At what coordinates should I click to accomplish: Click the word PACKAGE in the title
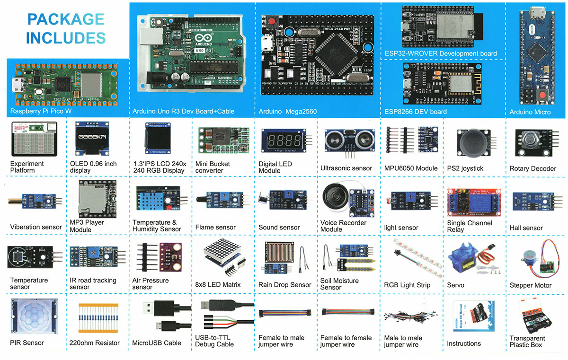pos(65,19)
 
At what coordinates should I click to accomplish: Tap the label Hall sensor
pos(526,228)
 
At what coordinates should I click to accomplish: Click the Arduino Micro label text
pos(530,112)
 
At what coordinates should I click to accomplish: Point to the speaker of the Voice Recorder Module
pos(335,194)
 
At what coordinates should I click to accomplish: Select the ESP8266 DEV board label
pos(416,112)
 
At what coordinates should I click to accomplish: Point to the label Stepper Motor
pos(530,286)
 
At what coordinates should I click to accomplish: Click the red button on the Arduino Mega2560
pos(273,22)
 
